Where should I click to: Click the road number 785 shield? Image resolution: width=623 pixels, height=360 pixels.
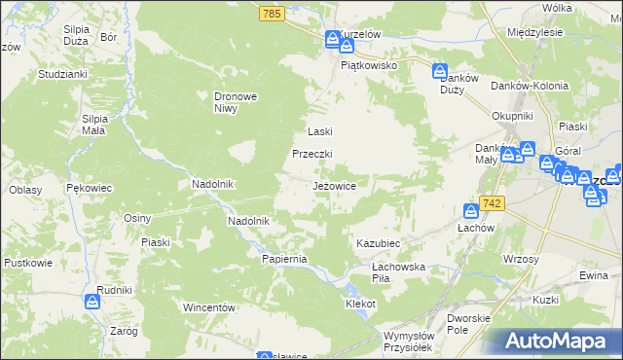pos(272,13)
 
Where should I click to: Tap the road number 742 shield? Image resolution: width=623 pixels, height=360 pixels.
pos(494,202)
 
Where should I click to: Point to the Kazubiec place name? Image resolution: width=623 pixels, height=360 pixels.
pos(379,241)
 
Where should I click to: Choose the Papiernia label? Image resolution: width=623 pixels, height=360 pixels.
pos(284,259)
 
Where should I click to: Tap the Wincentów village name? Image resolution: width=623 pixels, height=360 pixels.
pos(211,307)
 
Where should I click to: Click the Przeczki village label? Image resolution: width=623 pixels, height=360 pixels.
pos(313,154)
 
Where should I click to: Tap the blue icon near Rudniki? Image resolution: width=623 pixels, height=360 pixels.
pos(92,302)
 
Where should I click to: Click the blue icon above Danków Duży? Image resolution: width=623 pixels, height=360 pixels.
pos(440,72)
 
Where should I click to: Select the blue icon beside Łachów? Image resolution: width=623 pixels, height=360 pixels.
pos(471,210)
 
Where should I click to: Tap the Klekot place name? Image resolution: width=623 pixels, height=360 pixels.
pos(360,304)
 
